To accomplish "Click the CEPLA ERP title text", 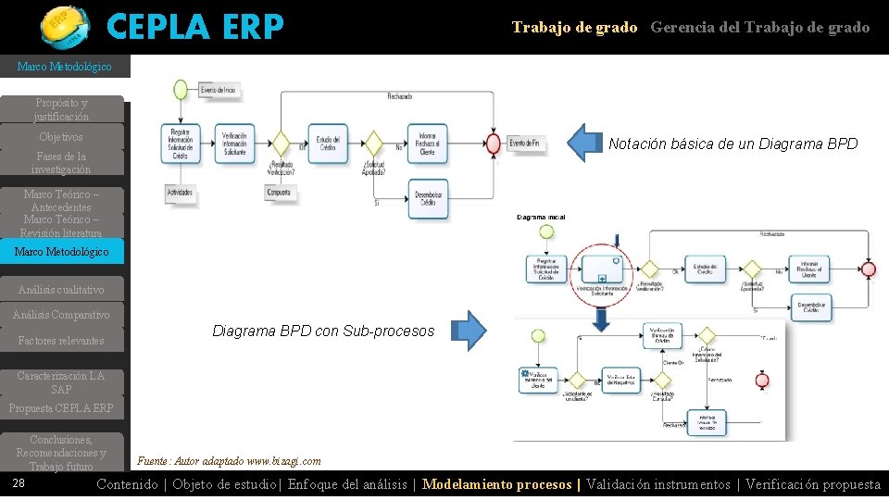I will click(194, 28).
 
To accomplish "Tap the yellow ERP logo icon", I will click(65, 26).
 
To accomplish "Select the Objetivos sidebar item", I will click(61, 137).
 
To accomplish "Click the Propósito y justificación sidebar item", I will click(61, 110).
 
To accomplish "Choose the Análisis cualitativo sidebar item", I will click(61, 290).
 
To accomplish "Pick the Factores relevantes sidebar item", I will click(61, 341).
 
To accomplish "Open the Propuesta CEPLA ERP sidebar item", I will click(61, 408).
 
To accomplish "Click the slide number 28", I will click(19, 483).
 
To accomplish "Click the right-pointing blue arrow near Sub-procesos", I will click(471, 331).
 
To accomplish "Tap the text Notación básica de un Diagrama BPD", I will click(732, 144).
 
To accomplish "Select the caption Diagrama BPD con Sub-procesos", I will click(323, 331).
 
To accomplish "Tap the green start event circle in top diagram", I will click(180, 90).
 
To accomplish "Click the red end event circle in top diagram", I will click(494, 144).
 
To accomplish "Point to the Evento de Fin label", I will click(524, 144).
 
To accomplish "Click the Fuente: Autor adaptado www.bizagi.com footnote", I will click(229, 461).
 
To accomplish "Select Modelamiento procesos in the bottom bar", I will click(498, 484).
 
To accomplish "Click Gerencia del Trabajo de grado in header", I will click(759, 28).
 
